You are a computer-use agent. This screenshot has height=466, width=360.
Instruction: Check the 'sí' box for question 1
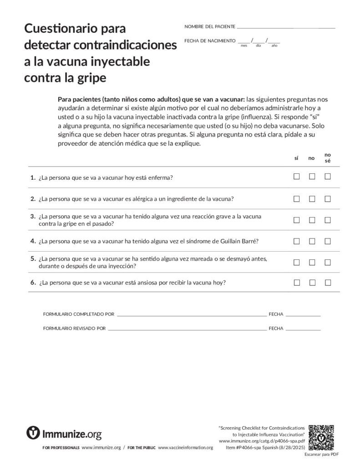(x=296, y=177)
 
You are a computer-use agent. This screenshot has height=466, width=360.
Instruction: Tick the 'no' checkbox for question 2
(x=312, y=199)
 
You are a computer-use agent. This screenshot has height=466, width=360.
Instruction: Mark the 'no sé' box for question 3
(x=328, y=220)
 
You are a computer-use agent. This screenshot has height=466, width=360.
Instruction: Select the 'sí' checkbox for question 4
(x=296, y=241)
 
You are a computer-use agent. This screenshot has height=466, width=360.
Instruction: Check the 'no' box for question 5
(x=312, y=262)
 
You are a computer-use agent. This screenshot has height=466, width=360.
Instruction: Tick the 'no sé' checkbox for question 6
(x=328, y=283)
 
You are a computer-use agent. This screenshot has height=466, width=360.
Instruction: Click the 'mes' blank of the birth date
(x=244, y=41)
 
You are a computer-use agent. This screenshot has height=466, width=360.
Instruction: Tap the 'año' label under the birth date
(x=274, y=46)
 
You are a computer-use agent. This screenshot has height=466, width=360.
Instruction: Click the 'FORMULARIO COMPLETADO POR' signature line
(x=191, y=314)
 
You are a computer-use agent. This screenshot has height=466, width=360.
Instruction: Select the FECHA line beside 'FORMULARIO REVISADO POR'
(x=303, y=328)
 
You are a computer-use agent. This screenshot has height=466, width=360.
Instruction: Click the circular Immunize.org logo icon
(x=33, y=433)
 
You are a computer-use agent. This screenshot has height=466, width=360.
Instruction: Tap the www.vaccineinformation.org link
(x=185, y=448)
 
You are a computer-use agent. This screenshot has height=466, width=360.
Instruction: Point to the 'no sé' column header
(x=328, y=157)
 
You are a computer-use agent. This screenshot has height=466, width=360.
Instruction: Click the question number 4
(x=33, y=241)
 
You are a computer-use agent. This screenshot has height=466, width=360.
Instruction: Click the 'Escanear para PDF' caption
(x=322, y=454)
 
